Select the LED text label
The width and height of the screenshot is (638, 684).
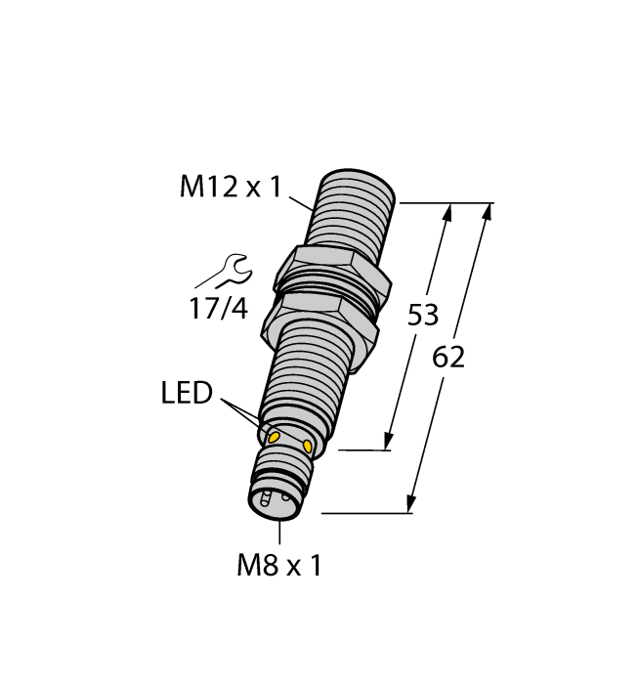187,394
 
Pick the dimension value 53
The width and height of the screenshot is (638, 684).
422,316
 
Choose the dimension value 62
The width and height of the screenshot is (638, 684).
448,358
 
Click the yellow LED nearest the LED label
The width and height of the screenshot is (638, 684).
276,436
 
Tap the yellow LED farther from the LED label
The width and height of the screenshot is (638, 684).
310,448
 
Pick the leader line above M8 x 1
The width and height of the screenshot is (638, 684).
280,533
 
